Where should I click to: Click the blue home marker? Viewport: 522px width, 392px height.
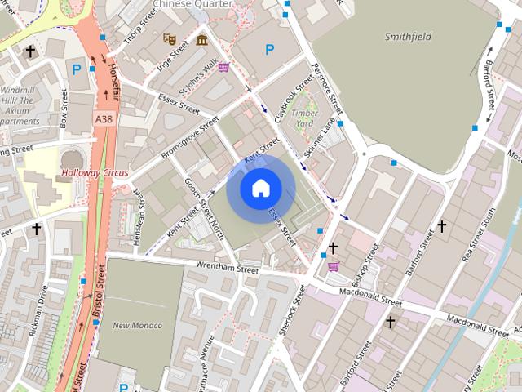click(x=260, y=189)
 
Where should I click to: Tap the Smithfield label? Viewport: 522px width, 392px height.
click(x=408, y=36)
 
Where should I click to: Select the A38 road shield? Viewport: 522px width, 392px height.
click(x=104, y=119)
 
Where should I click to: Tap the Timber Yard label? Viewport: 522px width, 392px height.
click(x=303, y=118)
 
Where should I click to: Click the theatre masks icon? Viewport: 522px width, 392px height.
click(x=170, y=38)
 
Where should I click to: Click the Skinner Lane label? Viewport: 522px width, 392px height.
click(x=320, y=138)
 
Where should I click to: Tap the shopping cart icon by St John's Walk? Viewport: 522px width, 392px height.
click(x=223, y=67)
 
